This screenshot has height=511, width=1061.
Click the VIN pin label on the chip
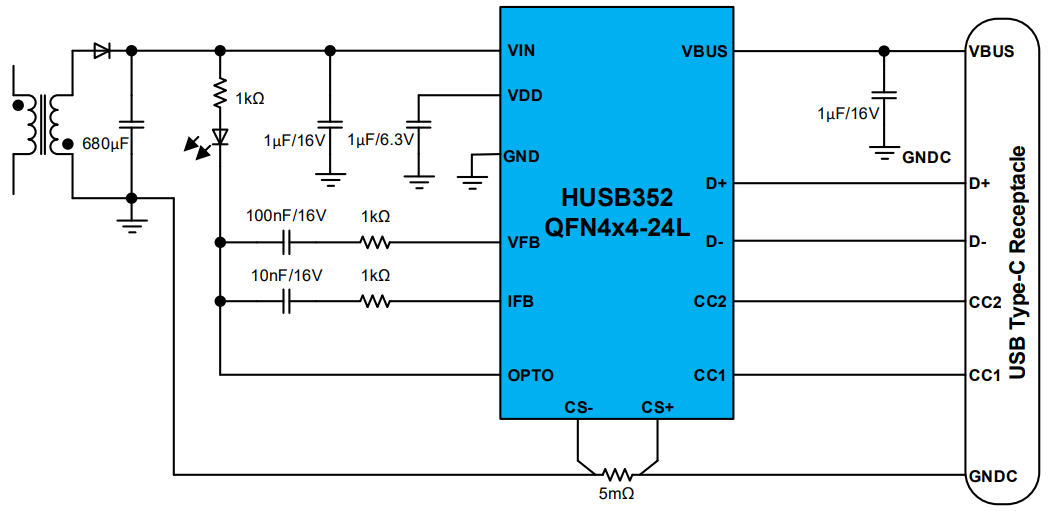(522, 51)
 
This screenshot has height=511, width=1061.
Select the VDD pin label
(524, 97)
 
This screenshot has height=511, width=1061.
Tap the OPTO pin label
(530, 375)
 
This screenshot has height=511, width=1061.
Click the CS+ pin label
(658, 407)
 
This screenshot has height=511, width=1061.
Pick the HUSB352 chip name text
(617, 196)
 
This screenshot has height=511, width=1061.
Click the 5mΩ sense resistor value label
(617, 493)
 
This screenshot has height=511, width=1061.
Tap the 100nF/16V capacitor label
(286, 215)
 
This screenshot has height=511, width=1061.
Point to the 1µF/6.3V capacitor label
(380, 140)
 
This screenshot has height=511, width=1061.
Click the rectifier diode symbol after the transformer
(101, 51)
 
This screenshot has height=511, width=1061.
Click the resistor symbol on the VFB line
(375, 242)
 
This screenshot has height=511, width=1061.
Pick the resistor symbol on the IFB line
(375, 301)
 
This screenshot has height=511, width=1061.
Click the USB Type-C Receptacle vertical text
(1018, 263)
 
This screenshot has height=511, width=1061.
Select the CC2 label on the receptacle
(985, 302)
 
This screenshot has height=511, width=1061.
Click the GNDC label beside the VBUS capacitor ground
(926, 157)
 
